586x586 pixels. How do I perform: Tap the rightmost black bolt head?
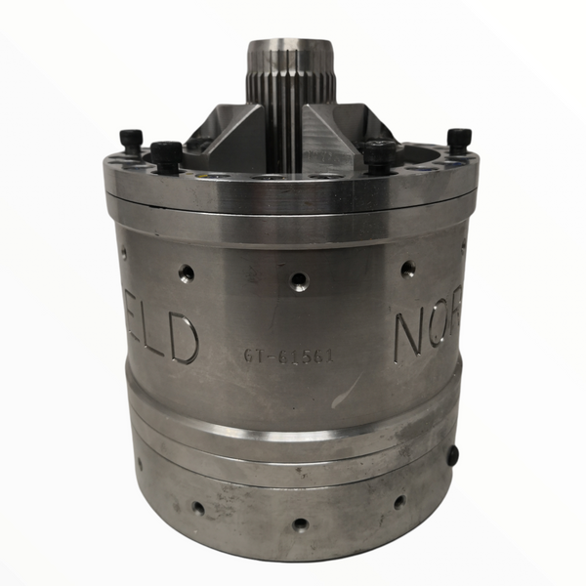458,140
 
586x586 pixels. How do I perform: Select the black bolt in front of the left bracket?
167,155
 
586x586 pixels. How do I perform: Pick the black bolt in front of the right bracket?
380,154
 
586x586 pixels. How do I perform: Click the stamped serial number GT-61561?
288,356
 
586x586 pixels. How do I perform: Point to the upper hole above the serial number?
299,281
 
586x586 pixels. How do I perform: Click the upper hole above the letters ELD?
186,272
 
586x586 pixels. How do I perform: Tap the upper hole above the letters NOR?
408,269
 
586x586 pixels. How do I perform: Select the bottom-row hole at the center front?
300,523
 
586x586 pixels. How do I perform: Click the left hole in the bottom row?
198,508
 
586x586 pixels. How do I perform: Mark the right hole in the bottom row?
398,502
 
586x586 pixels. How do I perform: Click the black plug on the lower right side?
451,455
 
